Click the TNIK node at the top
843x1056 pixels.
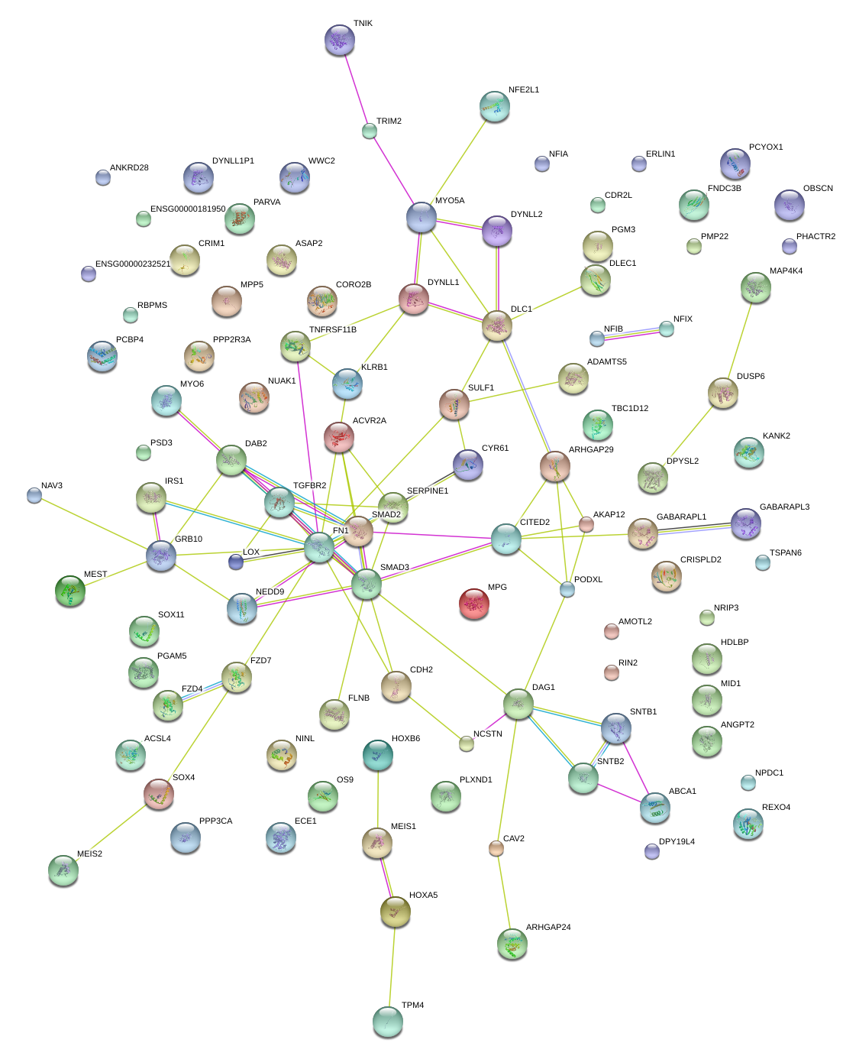click(x=339, y=40)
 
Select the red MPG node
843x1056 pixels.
click(x=473, y=603)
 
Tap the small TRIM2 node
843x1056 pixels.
click(x=370, y=131)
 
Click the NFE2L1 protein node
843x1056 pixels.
click(x=495, y=106)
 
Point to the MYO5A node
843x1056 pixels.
click(x=421, y=217)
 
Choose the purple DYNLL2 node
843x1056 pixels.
click(x=496, y=231)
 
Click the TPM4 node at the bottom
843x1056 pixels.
click(x=387, y=1022)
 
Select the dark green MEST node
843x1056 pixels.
click(x=70, y=590)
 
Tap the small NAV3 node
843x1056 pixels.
click(x=34, y=495)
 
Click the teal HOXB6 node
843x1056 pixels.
click(x=378, y=754)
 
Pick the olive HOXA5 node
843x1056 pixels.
click(x=395, y=911)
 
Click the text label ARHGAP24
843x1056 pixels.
click(x=548, y=927)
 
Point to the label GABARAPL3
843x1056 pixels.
click(x=784, y=507)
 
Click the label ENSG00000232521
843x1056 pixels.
click(x=133, y=264)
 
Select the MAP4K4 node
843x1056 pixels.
click(x=755, y=287)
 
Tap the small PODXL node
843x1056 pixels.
click(x=567, y=589)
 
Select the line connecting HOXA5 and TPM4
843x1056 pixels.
click(x=391, y=967)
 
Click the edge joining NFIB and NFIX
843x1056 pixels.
click(x=631, y=333)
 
